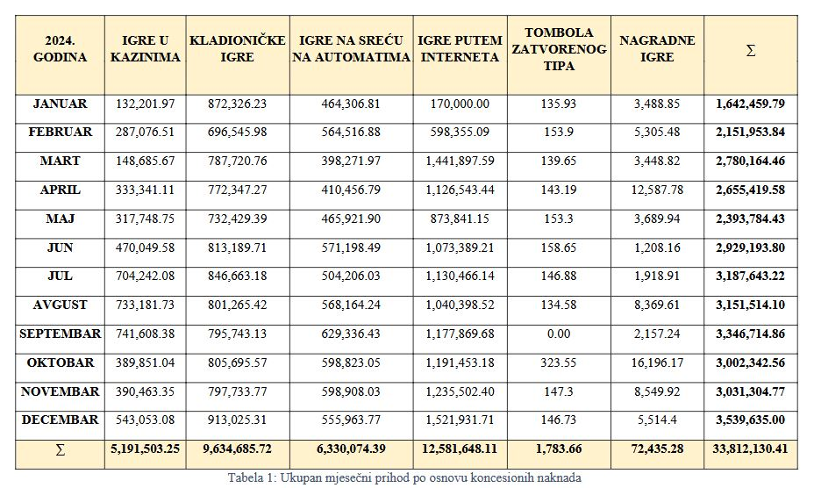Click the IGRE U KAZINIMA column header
click(146, 49)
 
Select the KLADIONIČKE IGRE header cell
click(237, 49)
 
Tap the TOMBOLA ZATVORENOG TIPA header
click(559, 49)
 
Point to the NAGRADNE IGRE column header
click(657, 49)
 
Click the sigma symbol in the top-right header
click(751, 50)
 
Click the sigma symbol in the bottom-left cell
click(61, 450)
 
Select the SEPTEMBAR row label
click(61, 334)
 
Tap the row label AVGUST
click(61, 305)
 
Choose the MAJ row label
click(61, 219)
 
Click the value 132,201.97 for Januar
click(146, 104)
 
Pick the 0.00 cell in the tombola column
click(559, 334)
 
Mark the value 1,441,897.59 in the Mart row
click(460, 161)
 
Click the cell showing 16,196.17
click(657, 362)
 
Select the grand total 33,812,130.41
click(750, 449)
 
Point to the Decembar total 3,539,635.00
click(750, 420)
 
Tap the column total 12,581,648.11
click(460, 449)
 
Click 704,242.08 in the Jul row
click(146, 276)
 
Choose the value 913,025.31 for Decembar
click(237, 420)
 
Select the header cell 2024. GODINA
click(61, 49)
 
